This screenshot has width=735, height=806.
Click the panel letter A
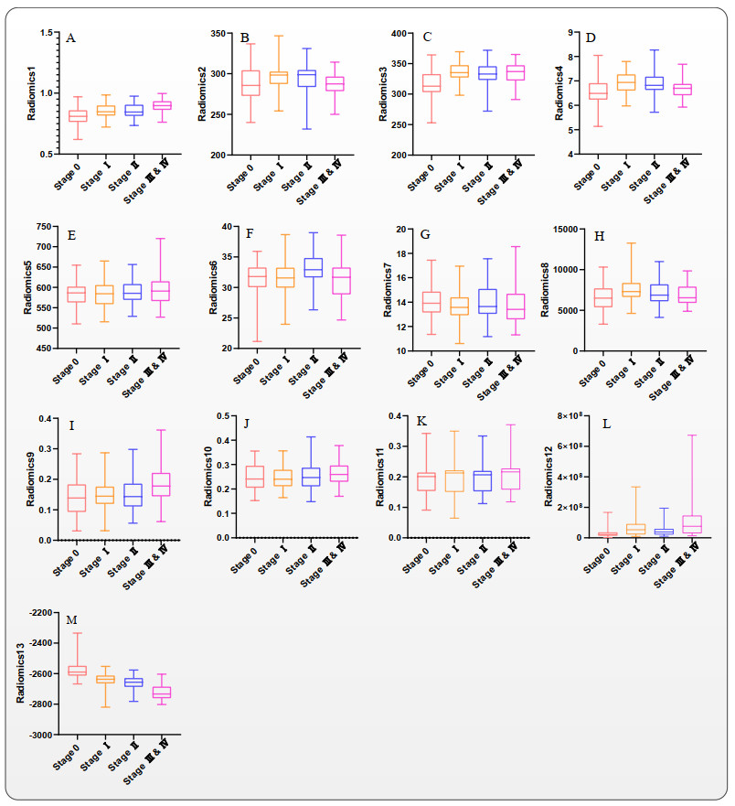coord(70,38)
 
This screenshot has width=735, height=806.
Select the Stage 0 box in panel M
coord(78,671)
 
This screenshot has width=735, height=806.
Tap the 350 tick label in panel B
coord(217,34)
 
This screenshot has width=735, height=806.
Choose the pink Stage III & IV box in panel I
coord(162,485)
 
